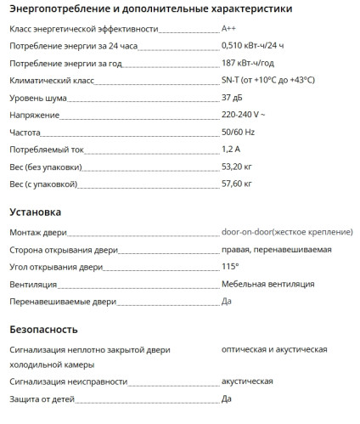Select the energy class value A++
point(228,28)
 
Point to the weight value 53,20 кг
point(237,167)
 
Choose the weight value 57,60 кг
point(237,184)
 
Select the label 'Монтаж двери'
point(37,232)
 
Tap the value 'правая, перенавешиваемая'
point(276,250)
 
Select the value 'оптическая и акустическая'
point(274,349)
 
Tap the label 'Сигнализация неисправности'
point(68,382)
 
